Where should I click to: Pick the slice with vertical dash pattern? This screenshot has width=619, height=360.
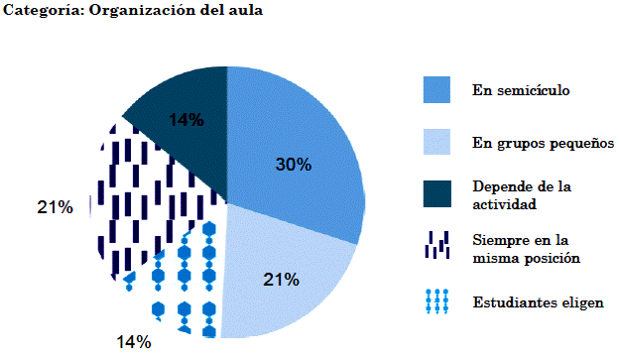pyautogui.click(x=139, y=198)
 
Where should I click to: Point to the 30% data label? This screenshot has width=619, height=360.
pyautogui.click(x=293, y=165)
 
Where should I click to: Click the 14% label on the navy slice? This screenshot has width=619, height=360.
pyautogui.click(x=186, y=120)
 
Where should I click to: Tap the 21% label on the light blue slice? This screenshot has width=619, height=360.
pyautogui.click(x=281, y=280)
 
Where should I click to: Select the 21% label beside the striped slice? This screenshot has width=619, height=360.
pyautogui.click(x=55, y=207)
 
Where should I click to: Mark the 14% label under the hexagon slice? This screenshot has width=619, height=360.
pyautogui.click(x=134, y=342)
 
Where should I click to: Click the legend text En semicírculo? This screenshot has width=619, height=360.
pyautogui.click(x=521, y=91)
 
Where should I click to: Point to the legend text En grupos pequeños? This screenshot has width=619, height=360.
pyautogui.click(x=543, y=144)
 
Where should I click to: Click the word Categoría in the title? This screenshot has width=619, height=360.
pyautogui.click(x=39, y=12)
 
